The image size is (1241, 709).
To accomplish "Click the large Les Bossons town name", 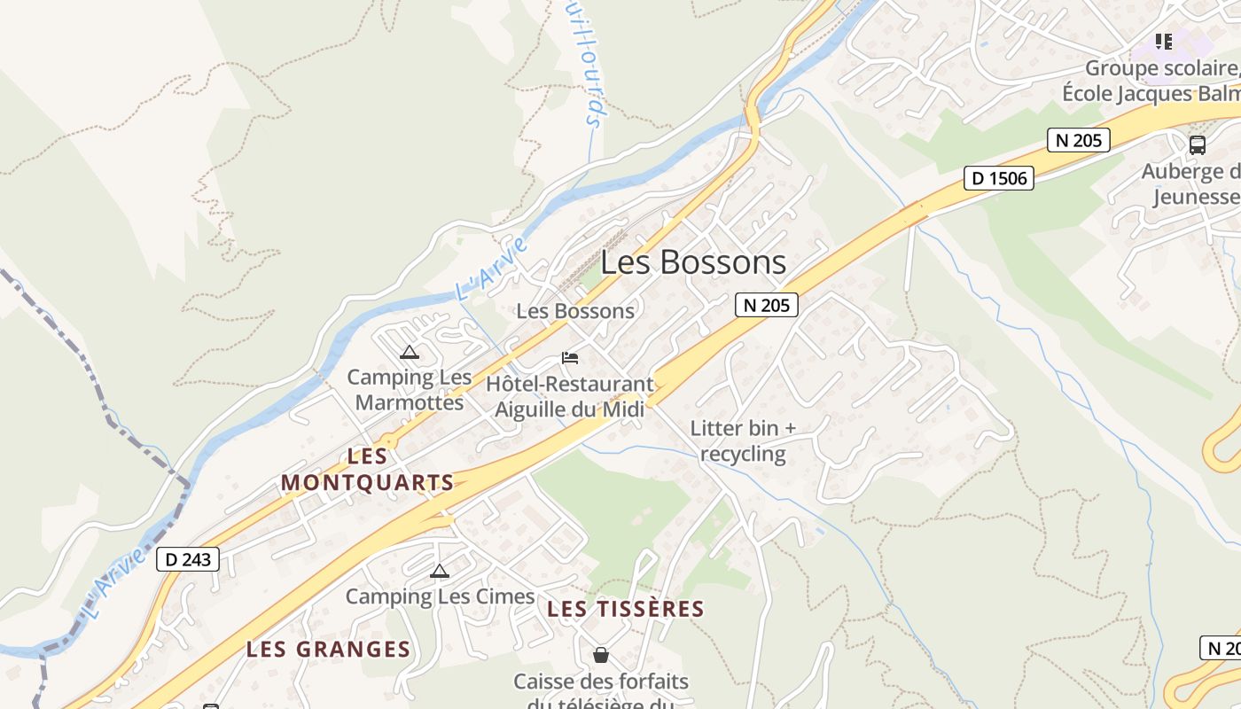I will [x=693, y=262].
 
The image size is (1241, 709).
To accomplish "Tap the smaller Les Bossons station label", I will [x=575, y=311].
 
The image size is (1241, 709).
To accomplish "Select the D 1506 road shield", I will [x=999, y=178].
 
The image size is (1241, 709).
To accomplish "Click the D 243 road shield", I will [x=188, y=559].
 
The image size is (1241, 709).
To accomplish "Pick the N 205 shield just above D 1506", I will [x=1078, y=139].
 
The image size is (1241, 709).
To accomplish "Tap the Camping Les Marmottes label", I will [x=410, y=389].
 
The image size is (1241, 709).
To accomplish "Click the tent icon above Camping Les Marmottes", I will [x=409, y=352].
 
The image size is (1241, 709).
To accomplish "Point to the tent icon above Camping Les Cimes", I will [x=439, y=571].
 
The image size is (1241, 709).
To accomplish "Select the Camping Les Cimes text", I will [x=440, y=596].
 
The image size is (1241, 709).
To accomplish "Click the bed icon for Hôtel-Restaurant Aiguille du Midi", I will [x=570, y=358].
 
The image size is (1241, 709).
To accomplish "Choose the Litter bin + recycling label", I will [x=743, y=441].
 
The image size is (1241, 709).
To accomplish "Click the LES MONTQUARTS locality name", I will [x=367, y=470].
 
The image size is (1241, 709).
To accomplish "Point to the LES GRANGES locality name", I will [x=328, y=649].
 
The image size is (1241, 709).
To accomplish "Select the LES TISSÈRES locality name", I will [x=625, y=609].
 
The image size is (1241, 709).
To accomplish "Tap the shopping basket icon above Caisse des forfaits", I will [x=601, y=655].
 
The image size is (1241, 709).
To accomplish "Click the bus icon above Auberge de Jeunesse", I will [x=1197, y=144].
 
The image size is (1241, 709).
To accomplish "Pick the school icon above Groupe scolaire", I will [x=1164, y=41].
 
